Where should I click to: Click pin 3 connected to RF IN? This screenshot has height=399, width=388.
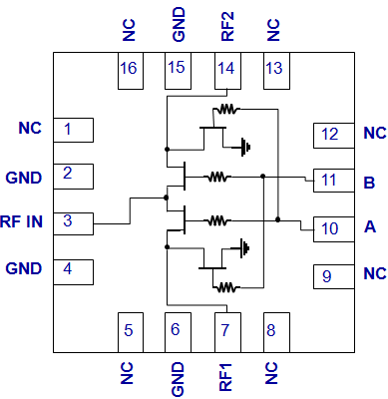pyautogui.click(x=74, y=223)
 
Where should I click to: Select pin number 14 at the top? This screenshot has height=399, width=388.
pyautogui.click(x=227, y=71)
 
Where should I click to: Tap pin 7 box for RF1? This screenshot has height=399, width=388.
pyautogui.click(x=227, y=332)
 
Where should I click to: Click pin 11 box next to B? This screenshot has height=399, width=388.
pyautogui.click(x=334, y=181)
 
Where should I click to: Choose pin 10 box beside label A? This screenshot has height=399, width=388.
pyautogui.click(x=334, y=229)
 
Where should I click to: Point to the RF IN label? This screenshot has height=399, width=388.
pyautogui.click(x=22, y=221)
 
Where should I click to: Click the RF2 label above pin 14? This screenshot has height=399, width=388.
pyautogui.click(x=227, y=27)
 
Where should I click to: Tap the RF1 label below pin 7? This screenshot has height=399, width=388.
pyautogui.click(x=225, y=377)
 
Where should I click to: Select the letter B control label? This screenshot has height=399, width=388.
pyautogui.click(x=369, y=183)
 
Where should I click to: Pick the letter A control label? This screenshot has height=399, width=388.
pyautogui.click(x=370, y=226)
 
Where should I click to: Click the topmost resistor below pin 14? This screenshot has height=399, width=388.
pyautogui.click(x=226, y=109)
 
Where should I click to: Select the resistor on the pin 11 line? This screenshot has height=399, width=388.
pyautogui.click(x=217, y=177)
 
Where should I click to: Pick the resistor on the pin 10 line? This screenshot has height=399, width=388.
pyautogui.click(x=217, y=220)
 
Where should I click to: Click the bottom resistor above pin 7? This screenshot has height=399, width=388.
pyautogui.click(x=226, y=287)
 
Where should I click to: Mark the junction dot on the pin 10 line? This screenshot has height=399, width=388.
pyautogui.click(x=278, y=219)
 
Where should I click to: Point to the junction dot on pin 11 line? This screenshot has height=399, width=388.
pyautogui.click(x=263, y=176)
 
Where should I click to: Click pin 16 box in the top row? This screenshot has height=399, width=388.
pyautogui.click(x=131, y=71)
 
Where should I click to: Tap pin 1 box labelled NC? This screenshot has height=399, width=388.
pyautogui.click(x=74, y=130)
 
